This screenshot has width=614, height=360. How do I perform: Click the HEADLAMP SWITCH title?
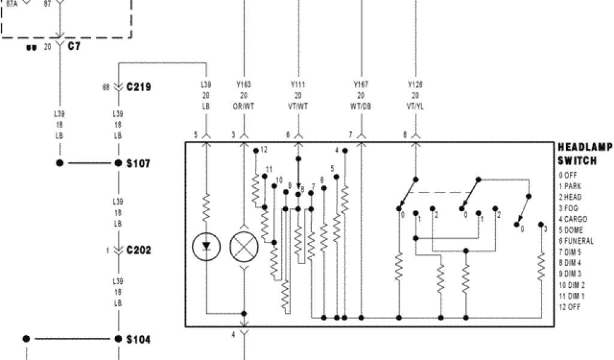tap(585, 154)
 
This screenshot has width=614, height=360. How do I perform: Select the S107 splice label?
tap(138, 163)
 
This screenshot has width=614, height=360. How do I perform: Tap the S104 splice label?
tap(138, 339)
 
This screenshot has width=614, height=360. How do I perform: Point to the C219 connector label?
tap(139, 87)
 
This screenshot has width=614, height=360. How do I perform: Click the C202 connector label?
tap(139, 250)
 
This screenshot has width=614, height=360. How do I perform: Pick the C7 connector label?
tap(74, 46)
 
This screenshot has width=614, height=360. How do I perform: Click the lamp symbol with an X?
tap(243, 245)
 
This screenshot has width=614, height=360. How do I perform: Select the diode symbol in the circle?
tap(206, 245)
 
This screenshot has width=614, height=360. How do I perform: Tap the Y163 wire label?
tap(243, 85)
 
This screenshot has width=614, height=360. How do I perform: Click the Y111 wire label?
tap(298, 85)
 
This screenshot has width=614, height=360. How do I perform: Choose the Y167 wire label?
tap(361, 85)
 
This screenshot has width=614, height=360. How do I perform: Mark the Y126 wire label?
tap(415, 85)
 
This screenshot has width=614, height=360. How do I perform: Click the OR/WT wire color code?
tap(243, 106)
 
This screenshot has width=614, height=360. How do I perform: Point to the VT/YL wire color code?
tap(415, 106)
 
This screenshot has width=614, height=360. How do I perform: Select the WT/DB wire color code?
tap(361, 106)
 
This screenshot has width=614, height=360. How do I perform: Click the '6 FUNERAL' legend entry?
tap(576, 241)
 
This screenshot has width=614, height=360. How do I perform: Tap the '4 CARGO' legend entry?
tap(573, 220)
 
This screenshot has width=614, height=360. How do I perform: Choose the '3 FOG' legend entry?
tap(570, 208)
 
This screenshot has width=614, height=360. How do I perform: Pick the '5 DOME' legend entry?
tap(572, 230)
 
